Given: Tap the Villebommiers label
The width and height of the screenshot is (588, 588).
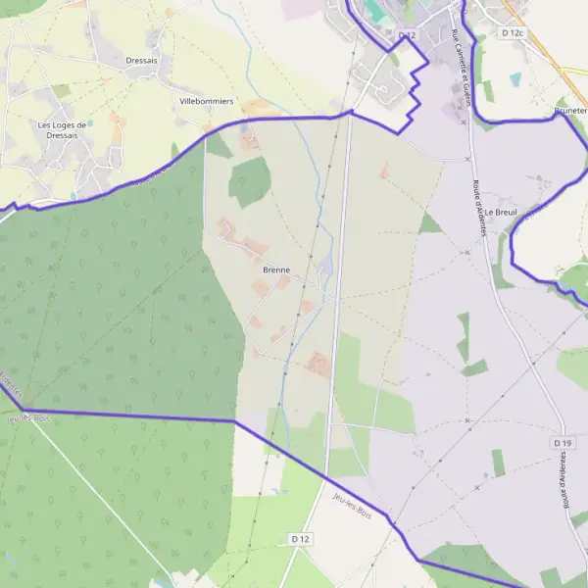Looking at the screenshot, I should [x=206, y=101].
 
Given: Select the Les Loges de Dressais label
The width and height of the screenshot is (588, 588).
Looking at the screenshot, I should [x=72, y=130].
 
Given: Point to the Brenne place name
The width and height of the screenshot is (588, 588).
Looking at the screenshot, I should [x=276, y=269].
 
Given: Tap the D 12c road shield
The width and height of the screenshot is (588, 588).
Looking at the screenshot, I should [x=514, y=33].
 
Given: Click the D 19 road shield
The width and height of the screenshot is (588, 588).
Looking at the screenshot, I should [x=562, y=443].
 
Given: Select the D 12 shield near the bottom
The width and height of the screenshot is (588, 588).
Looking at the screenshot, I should [x=300, y=539].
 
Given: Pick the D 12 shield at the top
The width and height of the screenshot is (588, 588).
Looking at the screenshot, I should [x=408, y=36].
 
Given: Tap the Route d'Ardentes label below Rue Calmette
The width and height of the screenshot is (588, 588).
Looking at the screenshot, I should [x=483, y=209].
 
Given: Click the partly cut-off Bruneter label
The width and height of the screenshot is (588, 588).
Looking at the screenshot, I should [x=569, y=112].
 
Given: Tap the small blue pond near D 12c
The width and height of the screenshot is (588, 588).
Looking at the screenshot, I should [x=515, y=78].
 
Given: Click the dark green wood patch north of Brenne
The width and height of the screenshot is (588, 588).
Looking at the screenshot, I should [x=250, y=180].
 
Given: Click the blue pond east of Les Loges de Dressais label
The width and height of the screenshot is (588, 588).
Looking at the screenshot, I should [x=90, y=122].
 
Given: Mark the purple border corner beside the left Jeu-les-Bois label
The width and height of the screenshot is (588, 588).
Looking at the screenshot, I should [x=22, y=409].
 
